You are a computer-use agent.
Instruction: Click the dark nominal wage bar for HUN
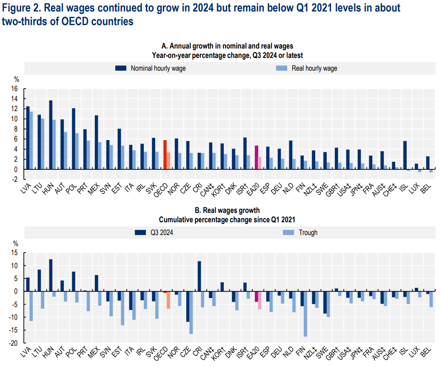pyautogui.click(x=51, y=135)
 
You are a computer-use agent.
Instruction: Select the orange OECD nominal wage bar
pyautogui.click(x=165, y=155)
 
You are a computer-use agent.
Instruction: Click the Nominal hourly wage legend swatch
pyautogui.click(x=121, y=68)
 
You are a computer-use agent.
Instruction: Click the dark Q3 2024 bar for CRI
pyautogui.click(x=199, y=276)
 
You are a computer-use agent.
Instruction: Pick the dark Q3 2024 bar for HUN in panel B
pyautogui.click(x=51, y=275)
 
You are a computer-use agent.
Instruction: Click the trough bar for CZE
pyautogui.click(x=191, y=313)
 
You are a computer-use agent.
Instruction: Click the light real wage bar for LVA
pyautogui.click(x=31, y=140)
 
